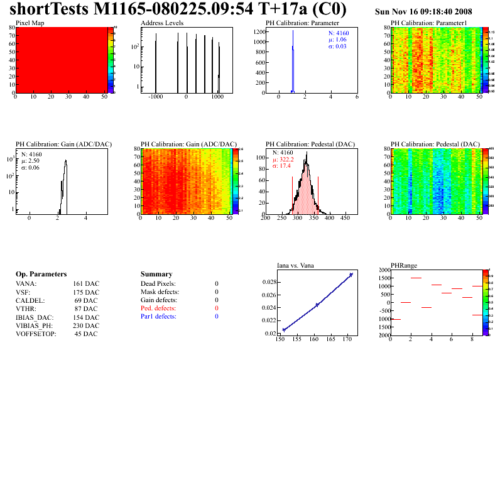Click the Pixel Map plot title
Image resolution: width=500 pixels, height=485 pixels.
click(30, 23)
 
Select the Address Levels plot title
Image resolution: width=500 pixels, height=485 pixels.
click(162, 23)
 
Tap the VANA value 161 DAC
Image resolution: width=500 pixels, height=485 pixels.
click(86, 284)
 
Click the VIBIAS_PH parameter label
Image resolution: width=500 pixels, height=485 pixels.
click(35, 325)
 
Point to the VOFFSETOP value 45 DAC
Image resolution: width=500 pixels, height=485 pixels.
click(86, 334)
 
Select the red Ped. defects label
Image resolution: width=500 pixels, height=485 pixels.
click(158, 308)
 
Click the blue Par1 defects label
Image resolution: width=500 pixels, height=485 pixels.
click(158, 317)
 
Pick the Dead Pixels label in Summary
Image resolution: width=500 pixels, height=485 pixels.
click(158, 284)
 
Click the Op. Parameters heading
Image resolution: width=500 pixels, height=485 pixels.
click(41, 275)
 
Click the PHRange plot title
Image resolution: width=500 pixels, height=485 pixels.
click(404, 265)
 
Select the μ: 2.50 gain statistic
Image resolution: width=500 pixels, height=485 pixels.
click(31, 161)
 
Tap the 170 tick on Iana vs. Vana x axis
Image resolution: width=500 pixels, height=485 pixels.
click(347, 340)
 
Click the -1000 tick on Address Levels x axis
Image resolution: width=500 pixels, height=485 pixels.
click(156, 97)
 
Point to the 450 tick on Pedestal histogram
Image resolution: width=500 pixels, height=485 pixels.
click(344, 219)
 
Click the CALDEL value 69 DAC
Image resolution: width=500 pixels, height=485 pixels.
click(86, 301)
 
